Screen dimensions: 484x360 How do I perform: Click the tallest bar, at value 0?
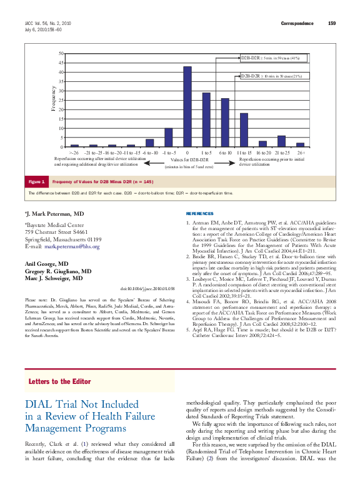[x=187, y=107]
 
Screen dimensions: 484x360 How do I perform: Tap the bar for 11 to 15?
[x=244, y=130]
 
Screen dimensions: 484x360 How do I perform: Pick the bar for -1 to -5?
[x=169, y=138]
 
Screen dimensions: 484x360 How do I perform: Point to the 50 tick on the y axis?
[x=60, y=53]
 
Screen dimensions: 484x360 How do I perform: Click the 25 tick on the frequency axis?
[x=60, y=100]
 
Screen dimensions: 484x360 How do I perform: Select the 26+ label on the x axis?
[x=301, y=152]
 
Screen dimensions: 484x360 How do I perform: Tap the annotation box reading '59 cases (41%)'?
[x=271, y=58]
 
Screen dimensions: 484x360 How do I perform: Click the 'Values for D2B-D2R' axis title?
[x=187, y=161]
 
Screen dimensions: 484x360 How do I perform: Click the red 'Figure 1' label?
[x=36, y=182]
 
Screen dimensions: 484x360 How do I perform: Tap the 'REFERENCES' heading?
[x=199, y=214]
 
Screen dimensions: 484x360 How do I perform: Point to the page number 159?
[x=332, y=23]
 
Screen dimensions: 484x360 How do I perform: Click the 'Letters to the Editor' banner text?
[x=59, y=381]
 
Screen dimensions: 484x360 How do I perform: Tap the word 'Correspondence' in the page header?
[x=297, y=23]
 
